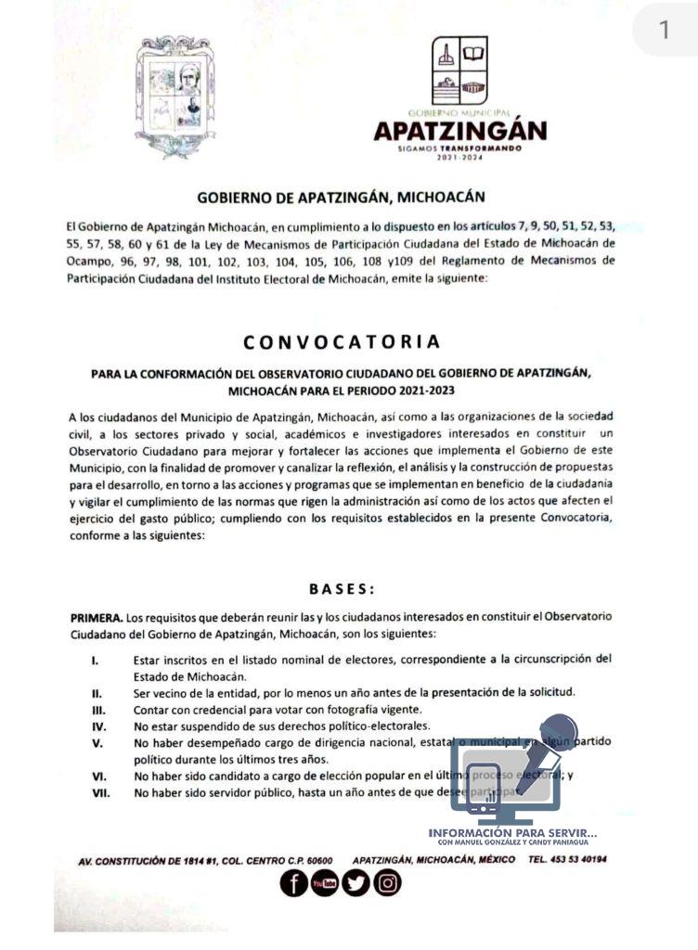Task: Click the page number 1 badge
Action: pyautogui.click(x=664, y=31)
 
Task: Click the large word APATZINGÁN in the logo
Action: pyautogui.click(x=460, y=131)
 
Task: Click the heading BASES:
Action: pyautogui.click(x=342, y=588)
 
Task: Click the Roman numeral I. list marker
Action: pyautogui.click(x=96, y=660)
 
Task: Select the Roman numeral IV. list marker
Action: pyautogui.click(x=97, y=726)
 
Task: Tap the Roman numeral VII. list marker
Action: pyautogui.click(x=100, y=793)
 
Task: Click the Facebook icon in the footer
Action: pyautogui.click(x=294, y=883)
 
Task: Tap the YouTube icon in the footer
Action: pyautogui.click(x=325, y=883)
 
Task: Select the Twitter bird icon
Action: pyautogui.click(x=355, y=883)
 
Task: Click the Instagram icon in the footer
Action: pyautogui.click(x=387, y=883)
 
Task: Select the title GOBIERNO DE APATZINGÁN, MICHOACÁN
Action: pyautogui.click(x=341, y=198)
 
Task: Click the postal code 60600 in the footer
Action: pyautogui.click(x=316, y=861)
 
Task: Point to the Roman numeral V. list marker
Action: pyautogui.click(x=97, y=743)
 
